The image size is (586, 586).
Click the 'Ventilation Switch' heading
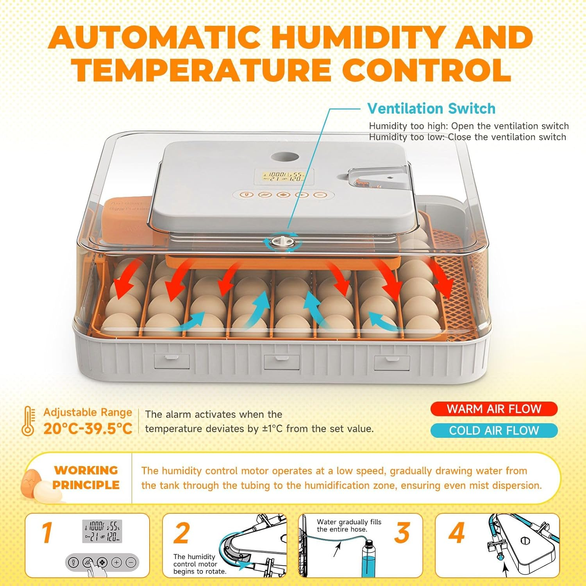pos(431,109)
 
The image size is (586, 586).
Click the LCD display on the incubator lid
pos(283,177)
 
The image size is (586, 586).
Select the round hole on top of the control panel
pos(285,157)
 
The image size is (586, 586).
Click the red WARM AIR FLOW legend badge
pos(494,409)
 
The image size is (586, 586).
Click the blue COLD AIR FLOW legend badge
pos(494,431)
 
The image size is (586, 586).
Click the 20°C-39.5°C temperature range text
pos(88,429)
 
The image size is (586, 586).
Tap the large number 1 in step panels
pos(47,533)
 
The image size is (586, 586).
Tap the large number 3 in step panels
pos(402,533)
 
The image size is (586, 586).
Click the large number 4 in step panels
pos(456,533)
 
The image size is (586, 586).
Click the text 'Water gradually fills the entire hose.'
pos(348,525)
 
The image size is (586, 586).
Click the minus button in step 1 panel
pos(131,563)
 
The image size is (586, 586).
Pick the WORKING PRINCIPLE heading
pos(86,477)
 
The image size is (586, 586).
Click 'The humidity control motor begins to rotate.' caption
pos(199,564)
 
